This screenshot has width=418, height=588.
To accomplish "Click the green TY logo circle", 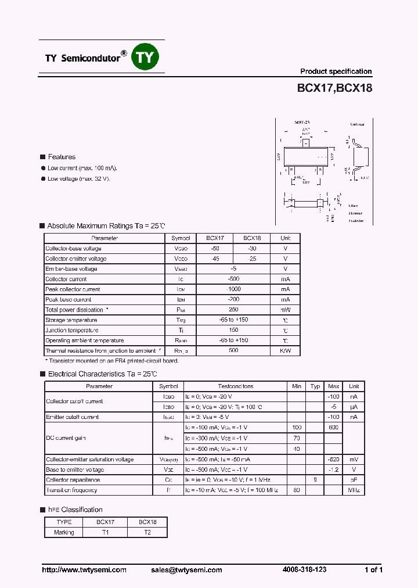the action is point(145,58).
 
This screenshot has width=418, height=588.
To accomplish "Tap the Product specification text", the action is point(336,71).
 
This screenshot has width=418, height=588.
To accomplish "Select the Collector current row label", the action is point(66,279).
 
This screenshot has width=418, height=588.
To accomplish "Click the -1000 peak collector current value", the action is point(233,289).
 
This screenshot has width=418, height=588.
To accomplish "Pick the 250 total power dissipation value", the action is point(233,310).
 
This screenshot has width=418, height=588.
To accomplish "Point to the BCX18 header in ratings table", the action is point(252,238).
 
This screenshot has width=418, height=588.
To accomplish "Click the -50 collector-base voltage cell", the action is point(215,248).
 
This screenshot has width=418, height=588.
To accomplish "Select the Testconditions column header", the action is point(236,386).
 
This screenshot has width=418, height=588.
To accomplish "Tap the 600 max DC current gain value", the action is point(334,428).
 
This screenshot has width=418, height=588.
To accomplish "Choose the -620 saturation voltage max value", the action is point(334,460).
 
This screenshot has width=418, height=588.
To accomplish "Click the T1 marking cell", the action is point(106,532).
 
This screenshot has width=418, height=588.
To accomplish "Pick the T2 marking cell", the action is point(147,532).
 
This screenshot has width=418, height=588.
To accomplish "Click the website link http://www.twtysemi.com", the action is point(84,570).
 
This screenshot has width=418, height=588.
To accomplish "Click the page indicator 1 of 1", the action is point(373,570).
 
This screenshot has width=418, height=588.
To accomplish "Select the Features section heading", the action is point(62,157).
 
